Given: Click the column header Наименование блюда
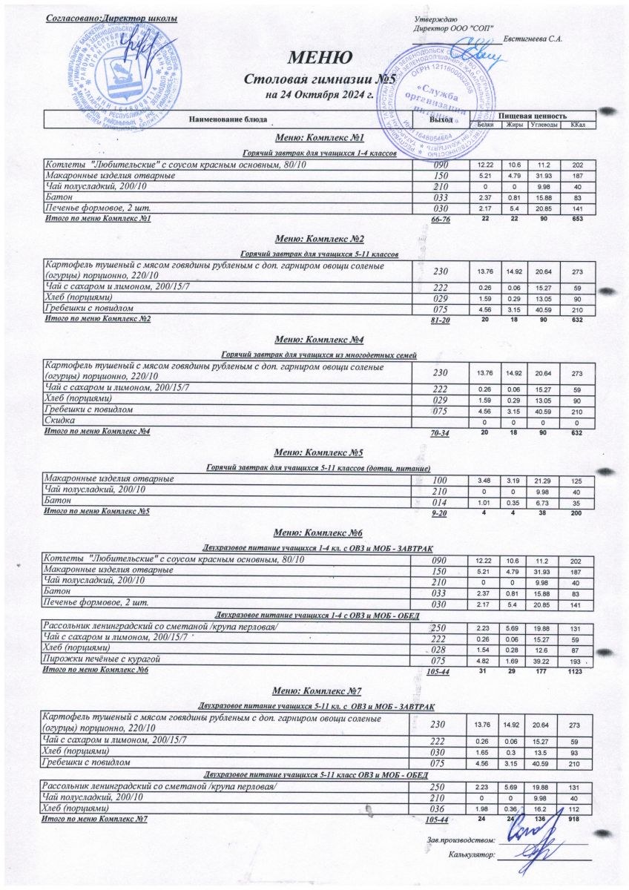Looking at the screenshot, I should [x=226, y=119].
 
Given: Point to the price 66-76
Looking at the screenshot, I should [x=441, y=220].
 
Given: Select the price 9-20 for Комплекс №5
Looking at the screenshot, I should [x=440, y=512].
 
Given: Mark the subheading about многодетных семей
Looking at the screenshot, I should [x=319, y=356].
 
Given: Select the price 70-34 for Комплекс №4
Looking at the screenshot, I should [x=441, y=432].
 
